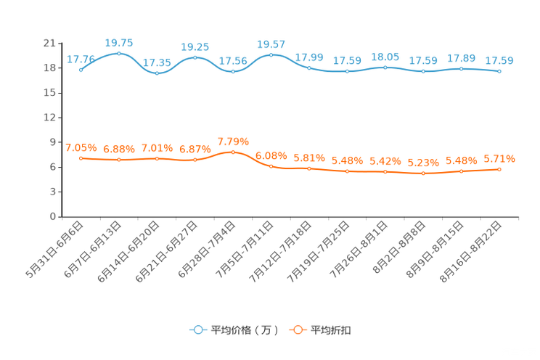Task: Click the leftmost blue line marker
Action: pos(81,70)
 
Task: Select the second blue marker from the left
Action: pos(118,53)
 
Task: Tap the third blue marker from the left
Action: pos(157,73)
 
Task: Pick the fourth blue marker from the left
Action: pos(195,57)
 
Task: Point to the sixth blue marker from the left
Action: pos(271,54)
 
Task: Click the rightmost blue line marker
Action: pos(499,71)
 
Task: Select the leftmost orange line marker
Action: pos(81,157)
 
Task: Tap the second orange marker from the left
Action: pos(118,159)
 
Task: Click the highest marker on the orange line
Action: pos(233,152)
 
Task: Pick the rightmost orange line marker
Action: pos(499,168)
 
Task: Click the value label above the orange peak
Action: pos(233,141)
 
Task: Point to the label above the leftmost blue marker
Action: pos(78,59)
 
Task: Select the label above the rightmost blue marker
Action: pos(499,60)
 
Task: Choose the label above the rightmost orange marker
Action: pos(499,158)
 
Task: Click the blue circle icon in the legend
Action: pos(197,330)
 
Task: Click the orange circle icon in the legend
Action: pos(297,330)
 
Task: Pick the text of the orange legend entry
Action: pos(332,330)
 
